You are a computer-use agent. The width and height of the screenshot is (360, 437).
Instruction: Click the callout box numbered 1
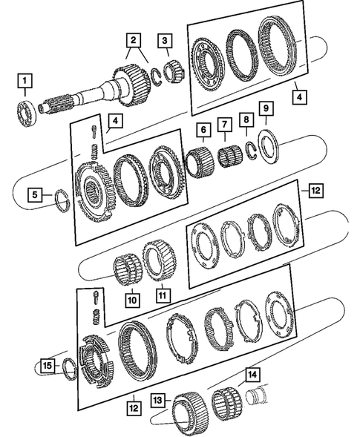[x=27, y=80]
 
